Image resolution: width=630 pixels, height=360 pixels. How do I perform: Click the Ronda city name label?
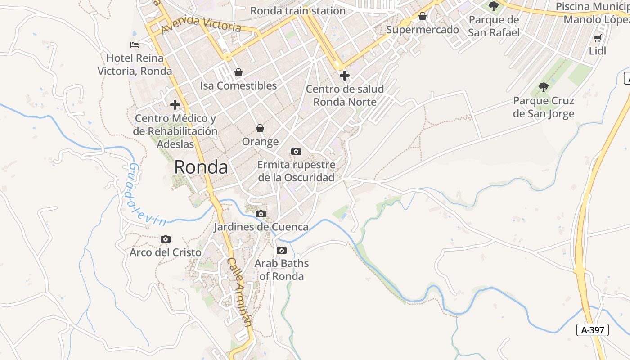click(201, 167)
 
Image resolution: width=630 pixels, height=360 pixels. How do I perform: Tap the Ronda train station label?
click(298, 11)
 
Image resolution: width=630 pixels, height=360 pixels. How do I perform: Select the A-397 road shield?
click(593, 330)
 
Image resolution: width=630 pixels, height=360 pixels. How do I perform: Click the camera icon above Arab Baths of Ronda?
click(282, 250)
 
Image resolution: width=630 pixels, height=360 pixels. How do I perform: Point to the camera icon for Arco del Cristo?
click(166, 239)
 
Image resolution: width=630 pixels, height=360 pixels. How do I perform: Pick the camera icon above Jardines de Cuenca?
click(261, 214)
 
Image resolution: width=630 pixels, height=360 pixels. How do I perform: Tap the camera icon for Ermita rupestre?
click(296, 151)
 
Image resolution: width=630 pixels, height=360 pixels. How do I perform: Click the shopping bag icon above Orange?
click(260, 128)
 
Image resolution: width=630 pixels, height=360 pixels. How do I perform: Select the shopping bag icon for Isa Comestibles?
click(238, 72)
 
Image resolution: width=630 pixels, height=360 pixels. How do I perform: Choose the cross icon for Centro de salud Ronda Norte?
click(345, 75)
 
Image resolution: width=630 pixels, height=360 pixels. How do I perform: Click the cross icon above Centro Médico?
click(175, 105)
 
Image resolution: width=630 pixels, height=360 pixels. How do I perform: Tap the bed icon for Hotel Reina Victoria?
click(135, 45)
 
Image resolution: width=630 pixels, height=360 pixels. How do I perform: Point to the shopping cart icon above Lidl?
click(598, 38)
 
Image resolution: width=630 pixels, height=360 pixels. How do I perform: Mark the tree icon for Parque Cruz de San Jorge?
click(544, 87)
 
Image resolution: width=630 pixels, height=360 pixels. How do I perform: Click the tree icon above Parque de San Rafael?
click(494, 6)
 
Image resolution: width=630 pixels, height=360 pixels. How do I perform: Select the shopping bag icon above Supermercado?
click(423, 17)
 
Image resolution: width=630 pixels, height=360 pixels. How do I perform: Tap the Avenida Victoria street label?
click(201, 25)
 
